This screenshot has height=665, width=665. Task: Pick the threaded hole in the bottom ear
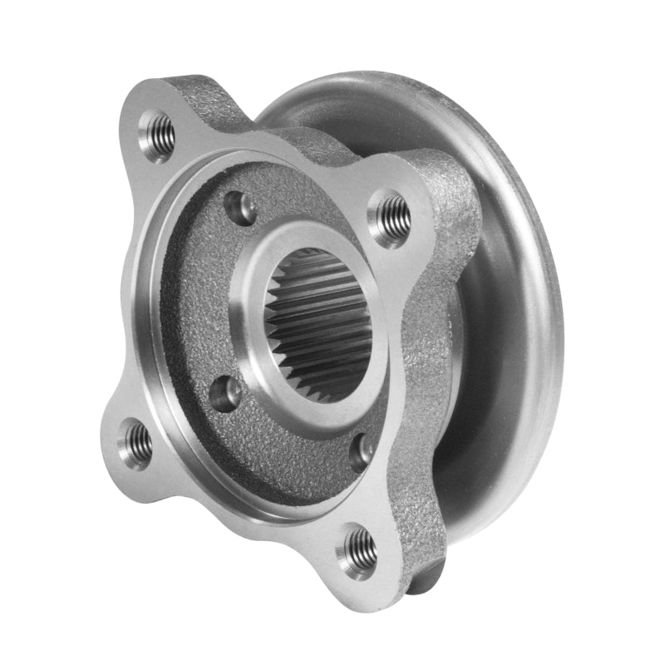coord(358,549)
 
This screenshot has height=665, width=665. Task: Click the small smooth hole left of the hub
coord(225,393)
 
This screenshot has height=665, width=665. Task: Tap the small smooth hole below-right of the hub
coord(362,451)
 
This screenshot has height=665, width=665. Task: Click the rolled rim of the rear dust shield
coord(532,249)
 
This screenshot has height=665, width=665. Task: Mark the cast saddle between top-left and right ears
coord(308,137)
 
